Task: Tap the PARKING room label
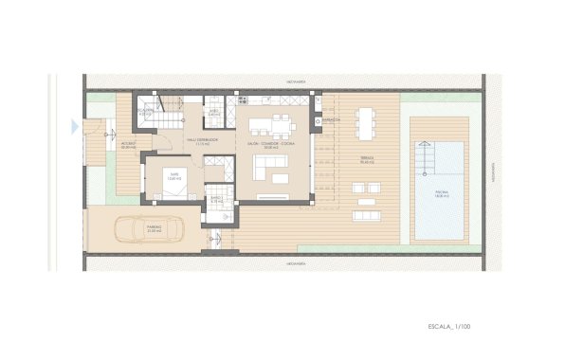(x=155, y=228)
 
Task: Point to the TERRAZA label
(x=368, y=160)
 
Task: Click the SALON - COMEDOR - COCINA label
(x=272, y=145)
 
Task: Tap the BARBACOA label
(x=331, y=122)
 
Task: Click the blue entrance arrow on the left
(x=74, y=125)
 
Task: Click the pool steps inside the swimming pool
(x=426, y=153)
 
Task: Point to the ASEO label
(x=214, y=111)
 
